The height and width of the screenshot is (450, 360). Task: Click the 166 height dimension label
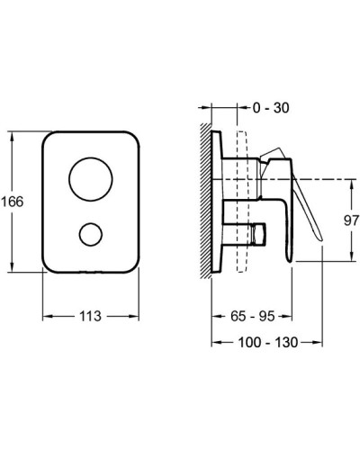pyautogui.click(x=13, y=202)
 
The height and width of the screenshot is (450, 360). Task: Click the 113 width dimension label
pyautogui.click(x=90, y=316)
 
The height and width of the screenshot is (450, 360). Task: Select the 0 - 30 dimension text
pyautogui.click(x=271, y=108)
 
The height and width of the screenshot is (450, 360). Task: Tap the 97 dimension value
pyautogui.click(x=351, y=220)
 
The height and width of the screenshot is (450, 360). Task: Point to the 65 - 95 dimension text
pyautogui.click(x=253, y=316)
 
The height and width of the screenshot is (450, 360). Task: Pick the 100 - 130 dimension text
pyautogui.click(x=268, y=342)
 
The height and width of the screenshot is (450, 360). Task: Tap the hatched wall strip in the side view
pyautogui.click(x=206, y=201)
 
